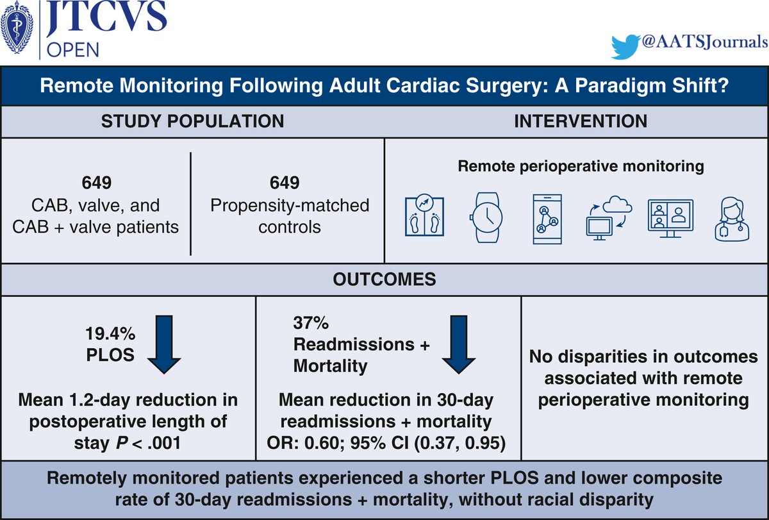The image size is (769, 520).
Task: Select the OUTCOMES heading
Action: [x=384, y=280]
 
